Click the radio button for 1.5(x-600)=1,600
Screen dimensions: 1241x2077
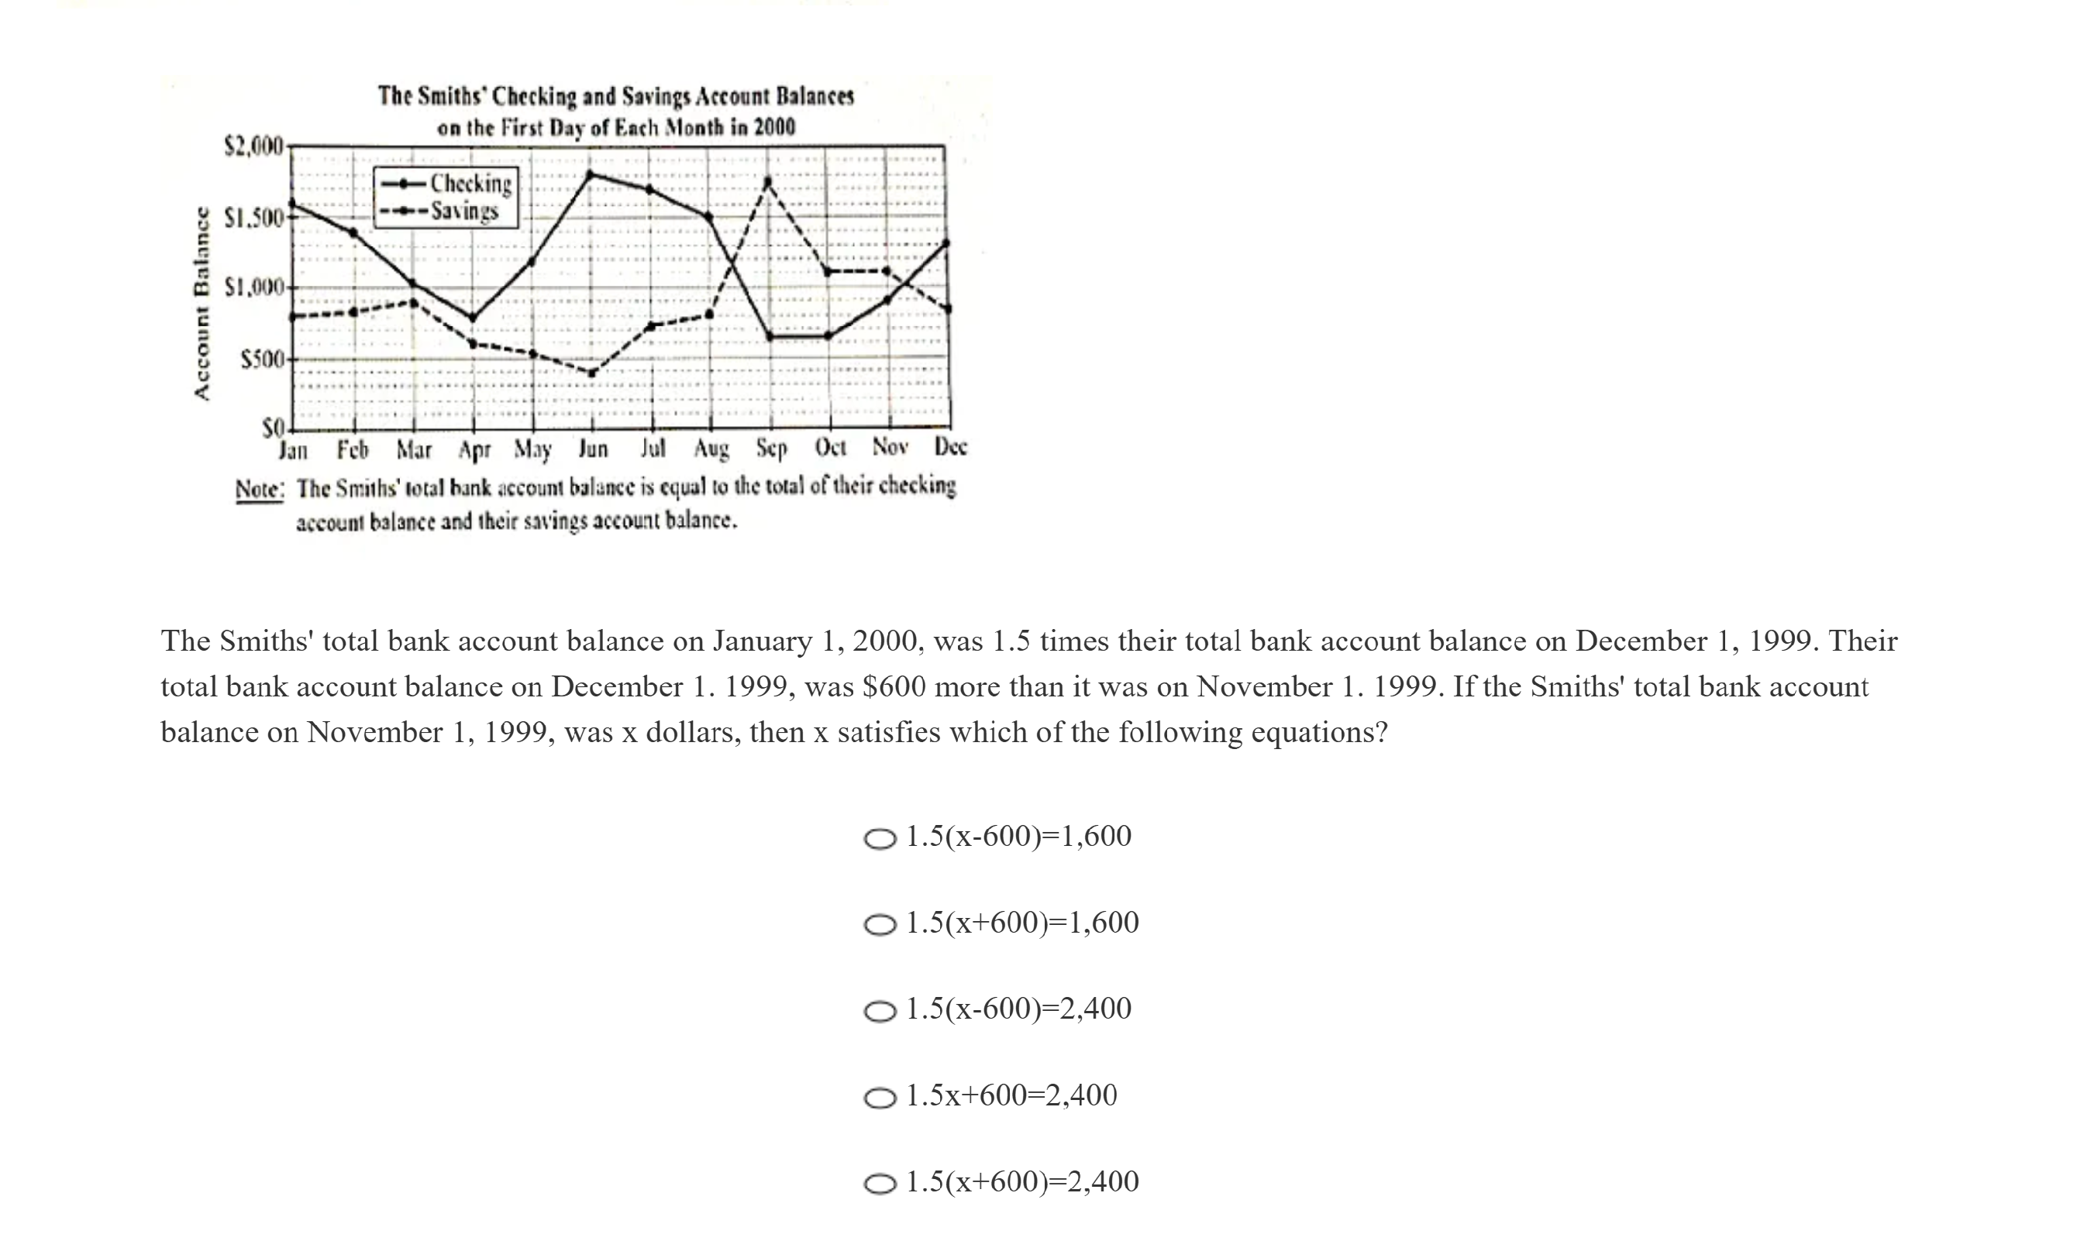click(879, 839)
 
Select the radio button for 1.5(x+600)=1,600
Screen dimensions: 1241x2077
click(879, 925)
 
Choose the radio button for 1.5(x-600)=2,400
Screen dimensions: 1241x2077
click(879, 1012)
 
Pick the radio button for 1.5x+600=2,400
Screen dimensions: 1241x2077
click(879, 1098)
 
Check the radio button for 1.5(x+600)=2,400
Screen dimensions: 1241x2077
click(879, 1184)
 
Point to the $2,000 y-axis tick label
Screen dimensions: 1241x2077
click(254, 146)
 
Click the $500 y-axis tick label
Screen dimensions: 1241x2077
click(263, 360)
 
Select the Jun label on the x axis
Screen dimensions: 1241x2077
click(593, 449)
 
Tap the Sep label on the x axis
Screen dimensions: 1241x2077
click(771, 449)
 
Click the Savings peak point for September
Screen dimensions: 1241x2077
click(768, 180)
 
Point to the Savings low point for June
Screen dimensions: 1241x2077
click(591, 373)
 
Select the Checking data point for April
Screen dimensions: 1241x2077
click(473, 318)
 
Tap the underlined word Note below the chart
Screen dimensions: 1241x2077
click(260, 488)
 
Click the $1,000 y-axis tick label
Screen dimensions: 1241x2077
click(255, 288)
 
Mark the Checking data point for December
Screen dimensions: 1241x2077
click(947, 242)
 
